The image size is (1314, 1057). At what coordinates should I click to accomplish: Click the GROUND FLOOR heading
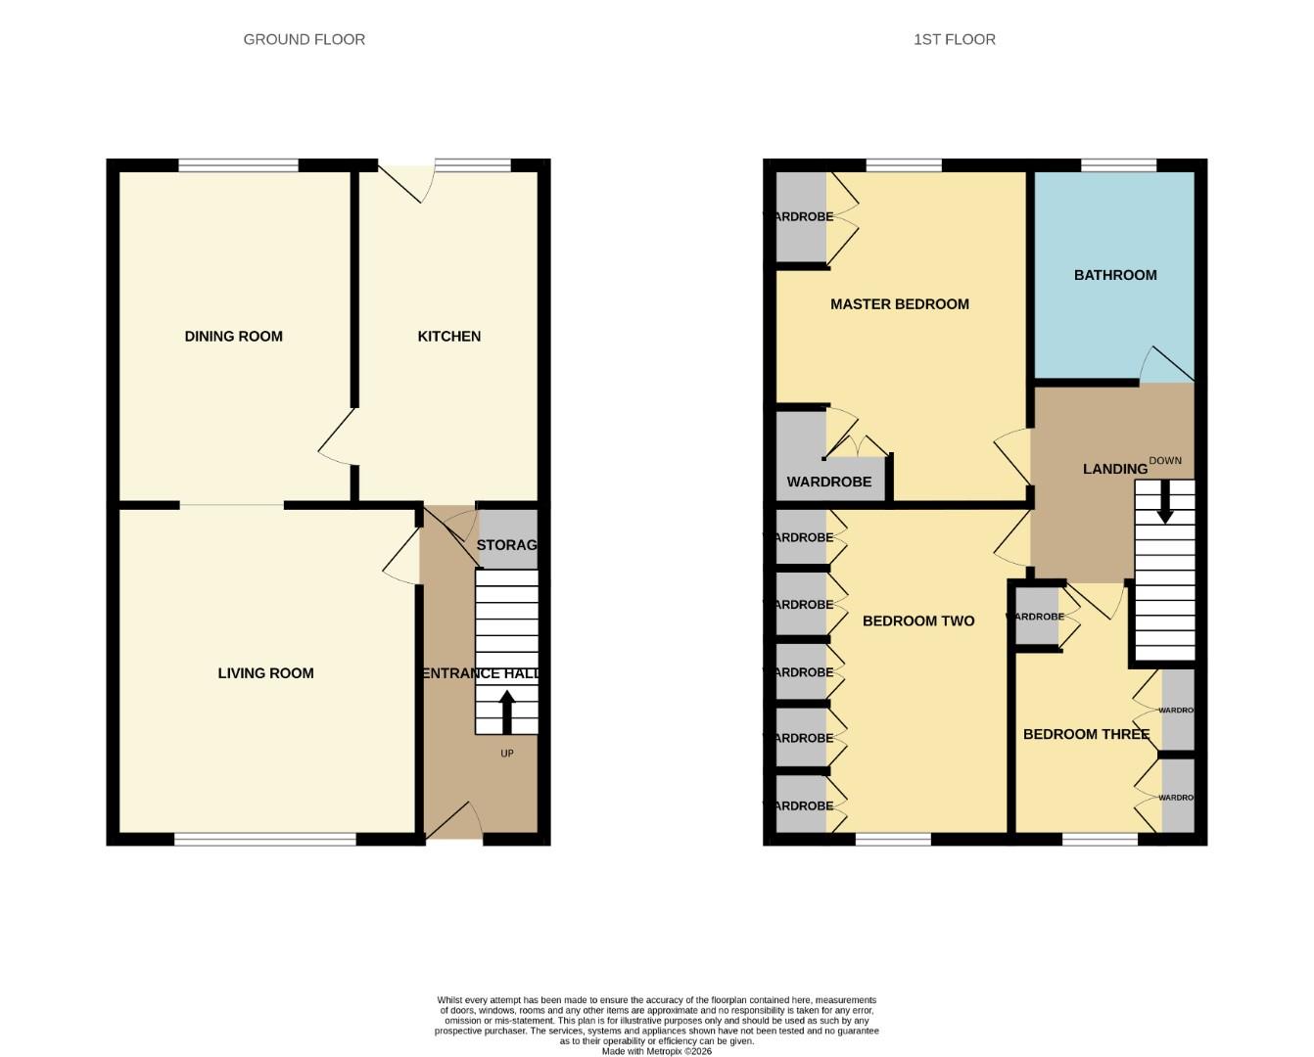(304, 39)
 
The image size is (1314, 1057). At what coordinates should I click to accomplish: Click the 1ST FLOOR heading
(954, 39)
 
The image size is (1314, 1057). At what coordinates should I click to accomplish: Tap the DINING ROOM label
(233, 336)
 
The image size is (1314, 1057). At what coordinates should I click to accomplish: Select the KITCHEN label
(448, 336)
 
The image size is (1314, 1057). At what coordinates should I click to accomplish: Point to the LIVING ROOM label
(265, 672)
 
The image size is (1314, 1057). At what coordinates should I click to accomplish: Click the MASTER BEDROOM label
(899, 303)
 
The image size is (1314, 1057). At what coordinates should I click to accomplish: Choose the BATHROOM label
(1114, 275)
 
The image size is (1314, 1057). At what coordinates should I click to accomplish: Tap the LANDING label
(1114, 469)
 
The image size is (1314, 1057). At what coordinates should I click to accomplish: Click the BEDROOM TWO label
(917, 620)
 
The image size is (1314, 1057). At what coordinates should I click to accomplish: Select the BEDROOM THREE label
(1085, 734)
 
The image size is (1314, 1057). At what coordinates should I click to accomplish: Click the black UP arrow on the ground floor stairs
(506, 712)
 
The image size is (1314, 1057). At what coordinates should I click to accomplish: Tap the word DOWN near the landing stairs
(1164, 460)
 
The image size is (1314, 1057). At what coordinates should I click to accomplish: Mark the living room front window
(265, 839)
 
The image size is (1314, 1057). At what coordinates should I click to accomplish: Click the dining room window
(238, 165)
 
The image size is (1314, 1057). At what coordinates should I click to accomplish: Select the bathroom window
(1118, 165)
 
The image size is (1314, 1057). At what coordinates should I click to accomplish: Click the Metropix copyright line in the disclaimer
(656, 1051)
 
